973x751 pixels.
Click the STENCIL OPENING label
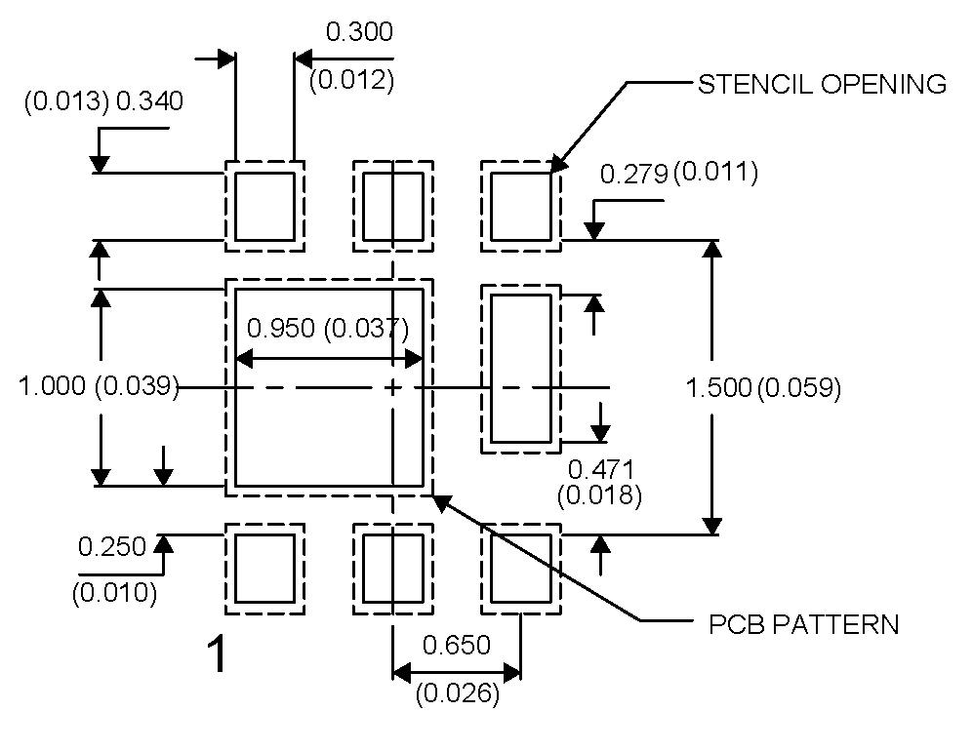[x=822, y=84]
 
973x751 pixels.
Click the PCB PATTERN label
[x=803, y=623]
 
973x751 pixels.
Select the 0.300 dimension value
[x=359, y=32]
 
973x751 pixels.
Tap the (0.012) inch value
[x=351, y=80]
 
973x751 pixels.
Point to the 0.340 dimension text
[x=149, y=101]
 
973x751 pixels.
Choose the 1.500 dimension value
[x=717, y=388]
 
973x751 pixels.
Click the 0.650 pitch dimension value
[x=456, y=645]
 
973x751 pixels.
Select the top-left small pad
[x=264, y=206]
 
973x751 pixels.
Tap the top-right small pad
[x=520, y=206]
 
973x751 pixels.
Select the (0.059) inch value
[x=798, y=388]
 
